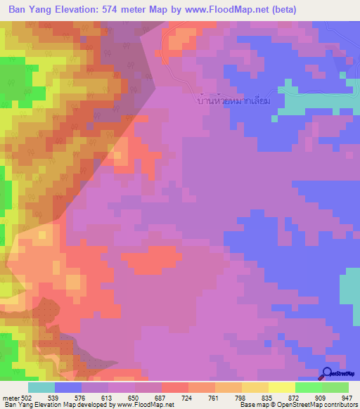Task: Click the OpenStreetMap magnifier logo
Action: pyautogui.click(x=328, y=375)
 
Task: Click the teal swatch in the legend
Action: pyautogui.click(x=41, y=387)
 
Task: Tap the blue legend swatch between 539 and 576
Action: pyautogui.click(x=68, y=387)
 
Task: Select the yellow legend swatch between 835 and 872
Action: pyautogui.click(x=282, y=387)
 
